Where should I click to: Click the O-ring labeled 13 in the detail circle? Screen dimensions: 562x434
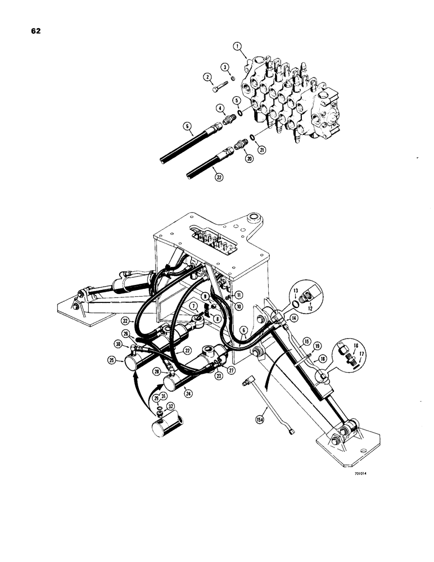(296, 305)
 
